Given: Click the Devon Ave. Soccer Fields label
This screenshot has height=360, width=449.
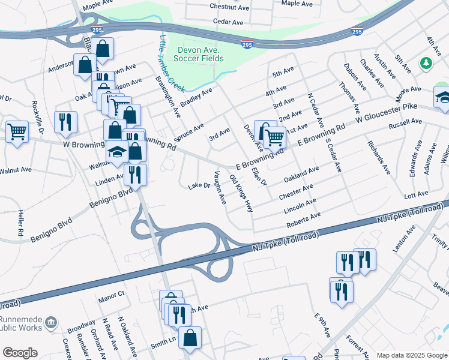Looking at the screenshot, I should coord(199,53).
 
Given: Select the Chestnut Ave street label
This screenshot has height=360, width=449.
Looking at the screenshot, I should coord(229,7).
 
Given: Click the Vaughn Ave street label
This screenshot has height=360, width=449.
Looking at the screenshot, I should coord(219,187).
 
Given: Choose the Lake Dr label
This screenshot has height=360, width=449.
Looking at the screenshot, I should coord(199,186).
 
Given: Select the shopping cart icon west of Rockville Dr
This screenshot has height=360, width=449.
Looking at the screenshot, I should coord(17,131).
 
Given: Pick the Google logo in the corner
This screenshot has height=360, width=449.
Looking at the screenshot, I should coord(19,353).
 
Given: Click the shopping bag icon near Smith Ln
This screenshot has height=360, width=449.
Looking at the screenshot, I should coord(190,337).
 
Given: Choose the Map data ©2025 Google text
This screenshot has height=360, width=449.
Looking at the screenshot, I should coord(411,355).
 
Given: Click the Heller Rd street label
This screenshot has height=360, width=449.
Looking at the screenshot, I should coord(20,223).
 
